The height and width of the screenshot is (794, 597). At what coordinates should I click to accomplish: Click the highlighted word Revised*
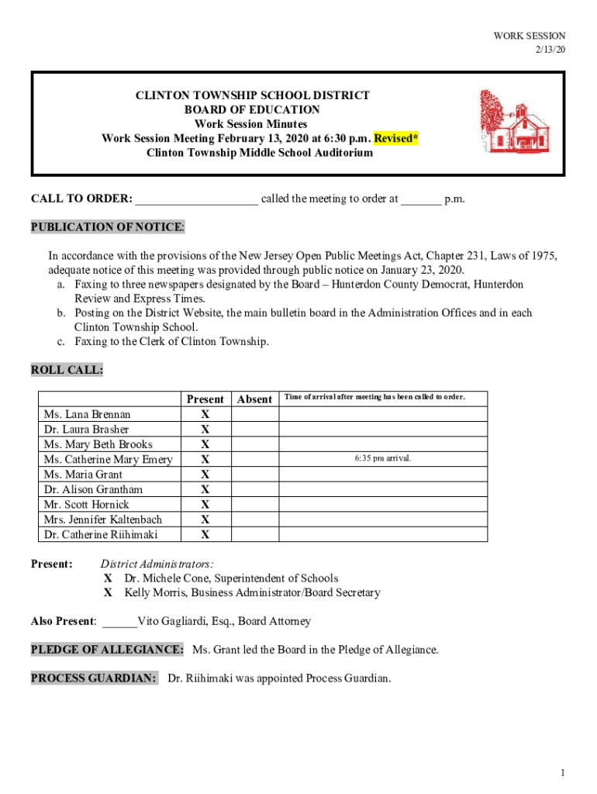pos(396,138)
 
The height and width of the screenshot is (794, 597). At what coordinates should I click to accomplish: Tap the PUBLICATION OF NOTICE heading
pos(108,227)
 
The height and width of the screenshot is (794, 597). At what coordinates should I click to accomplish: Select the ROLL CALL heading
pos(67,370)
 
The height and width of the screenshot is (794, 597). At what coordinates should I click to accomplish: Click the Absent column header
pos(254,399)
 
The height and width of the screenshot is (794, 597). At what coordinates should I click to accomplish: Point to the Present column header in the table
pos(205,399)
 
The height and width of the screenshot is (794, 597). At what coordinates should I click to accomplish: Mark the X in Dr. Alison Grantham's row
pos(205,489)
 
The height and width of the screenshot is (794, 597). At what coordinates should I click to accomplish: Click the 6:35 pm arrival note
pos(382,458)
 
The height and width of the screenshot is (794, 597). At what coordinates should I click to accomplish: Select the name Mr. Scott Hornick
pos(87,504)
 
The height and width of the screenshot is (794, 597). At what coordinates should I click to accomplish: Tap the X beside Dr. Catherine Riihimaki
pos(205,534)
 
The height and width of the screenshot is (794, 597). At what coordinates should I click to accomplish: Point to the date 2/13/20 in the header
pos(550,50)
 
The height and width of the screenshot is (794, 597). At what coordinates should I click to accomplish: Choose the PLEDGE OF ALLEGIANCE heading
pos(107,649)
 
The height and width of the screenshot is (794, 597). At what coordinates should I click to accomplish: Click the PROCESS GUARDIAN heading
pos(94,678)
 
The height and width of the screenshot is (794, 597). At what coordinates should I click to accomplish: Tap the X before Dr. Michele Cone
pos(109,578)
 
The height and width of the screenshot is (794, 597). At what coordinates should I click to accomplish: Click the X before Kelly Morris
pos(109,592)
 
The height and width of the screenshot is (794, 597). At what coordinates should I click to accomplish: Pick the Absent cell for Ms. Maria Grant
pos(254,474)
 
